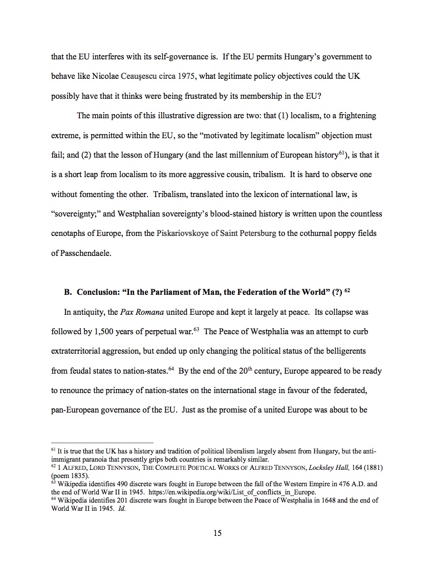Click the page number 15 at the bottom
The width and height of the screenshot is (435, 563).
pos(217,533)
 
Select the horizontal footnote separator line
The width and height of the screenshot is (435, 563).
pos(102,442)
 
